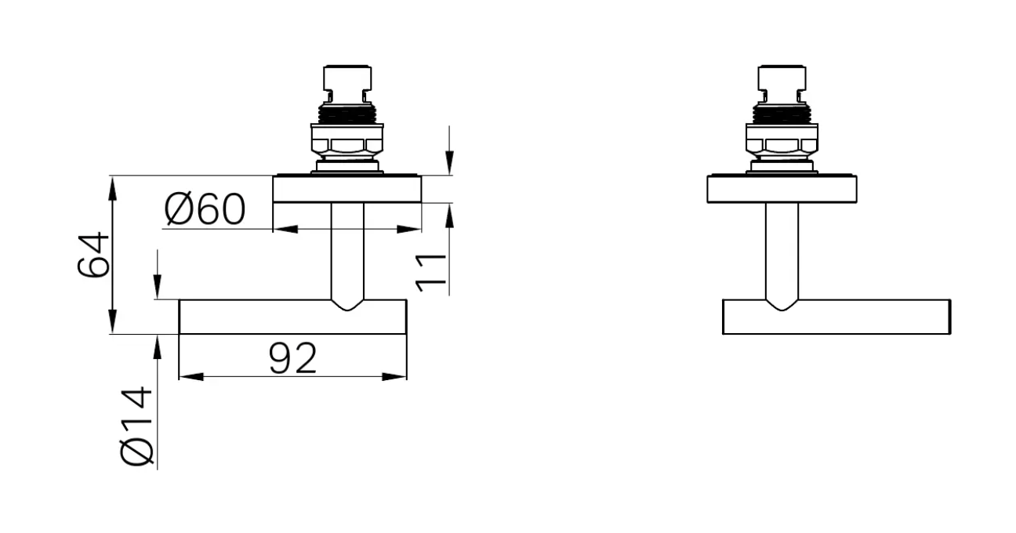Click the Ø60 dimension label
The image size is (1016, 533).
tap(205, 209)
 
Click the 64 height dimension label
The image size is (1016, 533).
tap(93, 255)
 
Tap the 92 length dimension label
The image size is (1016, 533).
tap(292, 358)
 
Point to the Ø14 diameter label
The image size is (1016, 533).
tap(136, 426)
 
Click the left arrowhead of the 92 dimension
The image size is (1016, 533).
tap(191, 376)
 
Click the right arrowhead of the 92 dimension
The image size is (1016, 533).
tap(394, 376)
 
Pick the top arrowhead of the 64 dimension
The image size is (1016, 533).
tap(113, 188)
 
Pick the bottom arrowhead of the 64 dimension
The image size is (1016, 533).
tap(113, 321)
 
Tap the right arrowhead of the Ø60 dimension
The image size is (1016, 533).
tap(408, 229)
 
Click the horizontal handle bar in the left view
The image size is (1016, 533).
tap(292, 317)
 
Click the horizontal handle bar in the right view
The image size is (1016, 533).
tap(836, 317)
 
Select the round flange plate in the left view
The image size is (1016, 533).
tap(347, 189)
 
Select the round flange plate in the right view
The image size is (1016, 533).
tap(782, 189)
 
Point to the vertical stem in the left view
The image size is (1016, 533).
tap(347, 254)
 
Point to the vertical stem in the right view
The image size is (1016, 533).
tap(782, 254)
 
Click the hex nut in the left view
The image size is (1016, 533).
tap(347, 145)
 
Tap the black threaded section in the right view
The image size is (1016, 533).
tap(782, 114)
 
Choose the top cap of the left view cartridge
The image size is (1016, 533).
tap(347, 78)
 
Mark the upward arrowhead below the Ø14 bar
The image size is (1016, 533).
tap(157, 347)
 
